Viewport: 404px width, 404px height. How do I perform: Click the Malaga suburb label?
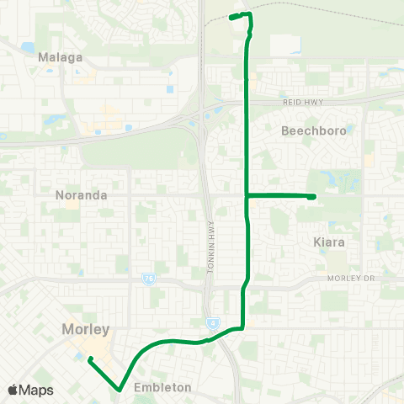click(x=61, y=57)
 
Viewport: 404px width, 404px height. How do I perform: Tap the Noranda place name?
click(x=81, y=194)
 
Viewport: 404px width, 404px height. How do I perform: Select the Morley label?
click(x=85, y=329)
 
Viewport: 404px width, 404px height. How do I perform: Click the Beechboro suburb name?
click(x=313, y=131)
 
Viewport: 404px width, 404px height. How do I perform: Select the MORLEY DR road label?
click(x=352, y=279)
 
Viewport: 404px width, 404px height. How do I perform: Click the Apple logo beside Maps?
click(x=13, y=390)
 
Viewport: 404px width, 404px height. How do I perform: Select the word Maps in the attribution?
click(x=37, y=390)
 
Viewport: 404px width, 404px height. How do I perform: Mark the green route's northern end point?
click(x=231, y=17)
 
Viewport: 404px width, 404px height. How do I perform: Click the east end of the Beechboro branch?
click(x=313, y=197)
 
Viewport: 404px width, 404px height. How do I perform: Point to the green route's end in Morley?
click(x=88, y=357)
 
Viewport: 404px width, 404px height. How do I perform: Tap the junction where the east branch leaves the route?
click(x=246, y=195)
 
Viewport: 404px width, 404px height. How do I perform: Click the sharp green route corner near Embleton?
click(x=117, y=387)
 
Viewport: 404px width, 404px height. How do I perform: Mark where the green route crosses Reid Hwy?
click(x=246, y=102)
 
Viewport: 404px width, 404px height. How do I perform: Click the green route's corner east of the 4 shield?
click(x=242, y=328)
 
